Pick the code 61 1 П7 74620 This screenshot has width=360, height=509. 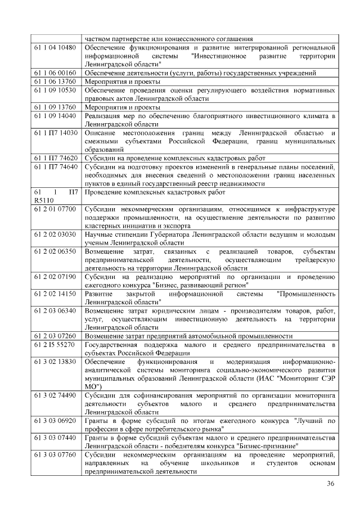click(x=55, y=158)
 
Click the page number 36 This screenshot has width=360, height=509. click(x=330, y=484)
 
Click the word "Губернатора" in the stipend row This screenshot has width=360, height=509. click(x=168, y=234)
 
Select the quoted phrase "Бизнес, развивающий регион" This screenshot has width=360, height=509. click(x=200, y=285)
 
